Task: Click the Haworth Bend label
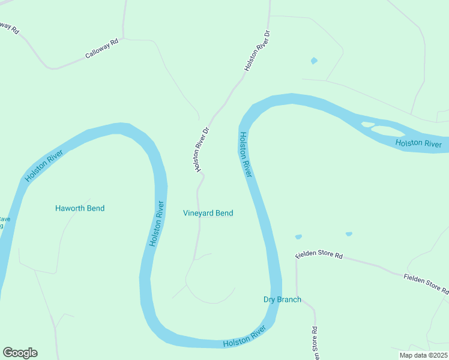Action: [x=80, y=208]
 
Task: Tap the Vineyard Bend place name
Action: [x=208, y=213]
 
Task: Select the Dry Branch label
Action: [x=282, y=299]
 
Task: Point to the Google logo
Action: [x=20, y=353]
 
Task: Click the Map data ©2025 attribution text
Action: [x=424, y=355]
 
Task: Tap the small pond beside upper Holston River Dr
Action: [x=313, y=61]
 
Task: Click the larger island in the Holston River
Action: [x=388, y=130]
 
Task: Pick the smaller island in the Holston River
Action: [x=367, y=124]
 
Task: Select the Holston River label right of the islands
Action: [x=418, y=143]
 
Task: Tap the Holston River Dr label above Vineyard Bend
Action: [x=202, y=149]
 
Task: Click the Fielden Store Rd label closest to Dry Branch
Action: [x=319, y=255]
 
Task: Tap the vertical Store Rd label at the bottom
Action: [x=314, y=344]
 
